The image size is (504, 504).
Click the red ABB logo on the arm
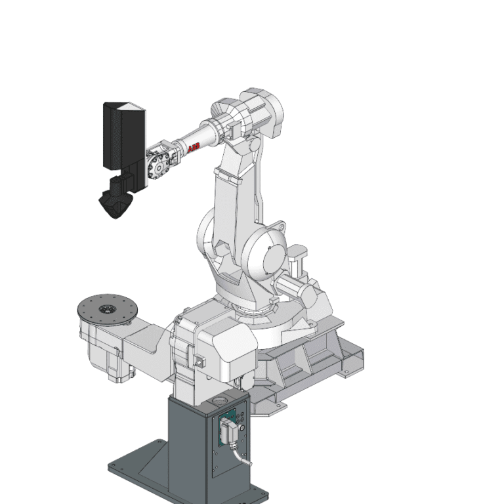click(194, 149)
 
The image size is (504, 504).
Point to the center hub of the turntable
click(104, 309)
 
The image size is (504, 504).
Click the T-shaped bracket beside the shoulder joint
click(299, 253)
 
